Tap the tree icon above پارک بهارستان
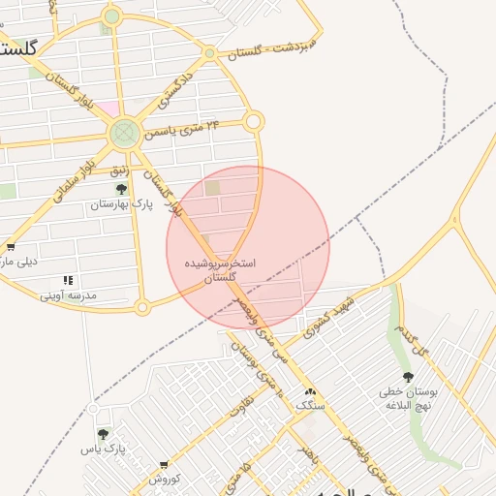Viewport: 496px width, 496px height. click(x=121, y=189)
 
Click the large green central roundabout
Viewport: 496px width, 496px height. click(x=125, y=133)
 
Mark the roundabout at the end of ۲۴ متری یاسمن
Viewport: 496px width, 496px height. click(x=254, y=121)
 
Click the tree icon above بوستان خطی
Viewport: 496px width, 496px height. click(x=407, y=376)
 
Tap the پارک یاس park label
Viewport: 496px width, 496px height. click(x=103, y=449)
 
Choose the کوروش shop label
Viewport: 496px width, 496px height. click(x=165, y=479)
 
